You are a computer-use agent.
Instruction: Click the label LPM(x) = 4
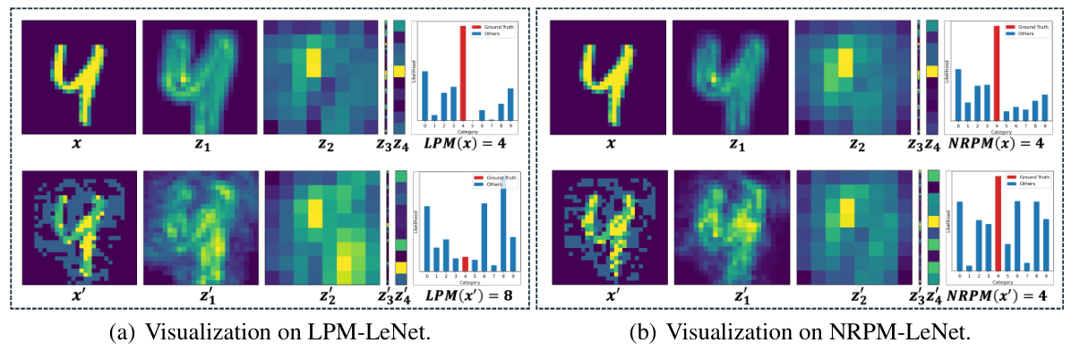coord(469,145)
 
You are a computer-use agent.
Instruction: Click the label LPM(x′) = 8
coord(469,295)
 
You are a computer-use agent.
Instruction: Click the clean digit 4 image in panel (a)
coord(79,76)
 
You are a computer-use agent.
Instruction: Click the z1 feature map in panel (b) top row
coord(728,76)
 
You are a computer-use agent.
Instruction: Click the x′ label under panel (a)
coord(79,295)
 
